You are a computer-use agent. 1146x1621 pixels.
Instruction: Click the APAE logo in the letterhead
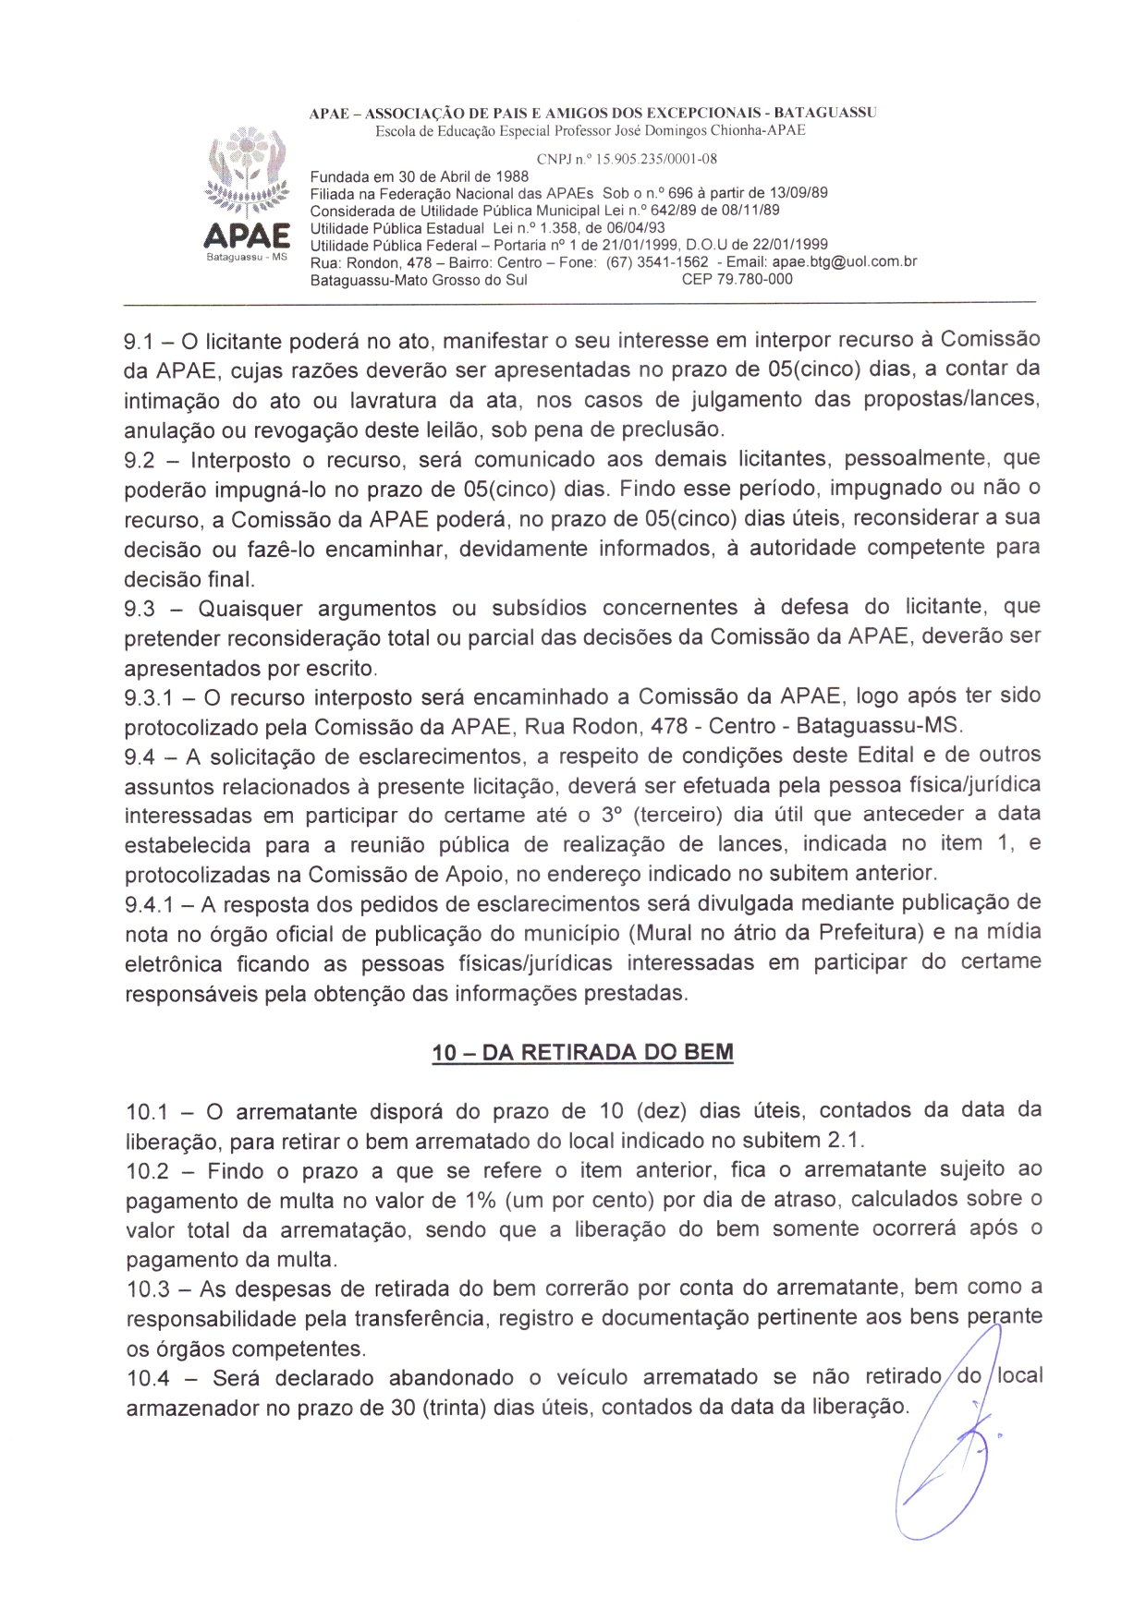pos(247,196)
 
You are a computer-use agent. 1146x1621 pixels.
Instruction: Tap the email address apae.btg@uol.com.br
pos(844,262)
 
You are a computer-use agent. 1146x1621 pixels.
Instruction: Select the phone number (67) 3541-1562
pos(657,262)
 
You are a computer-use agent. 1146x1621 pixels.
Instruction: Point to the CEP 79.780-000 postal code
pos(737,280)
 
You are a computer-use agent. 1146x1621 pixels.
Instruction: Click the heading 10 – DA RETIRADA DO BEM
pos(582,1053)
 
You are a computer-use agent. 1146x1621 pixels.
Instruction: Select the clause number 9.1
pos(139,343)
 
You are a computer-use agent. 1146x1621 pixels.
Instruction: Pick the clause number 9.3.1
pos(148,698)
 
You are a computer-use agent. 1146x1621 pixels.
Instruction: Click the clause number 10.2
pos(148,1172)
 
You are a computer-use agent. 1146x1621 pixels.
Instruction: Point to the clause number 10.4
pos(149,1379)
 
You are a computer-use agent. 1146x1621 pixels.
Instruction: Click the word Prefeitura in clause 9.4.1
pos(871,933)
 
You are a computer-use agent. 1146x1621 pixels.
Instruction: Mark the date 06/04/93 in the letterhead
pos(636,228)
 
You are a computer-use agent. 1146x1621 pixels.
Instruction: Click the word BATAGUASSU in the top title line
pos(824,113)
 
